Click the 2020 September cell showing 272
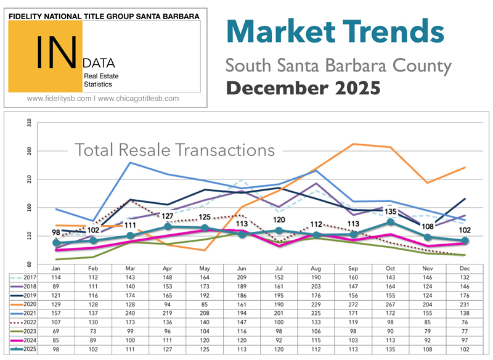point(353,305)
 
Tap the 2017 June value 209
point(242,277)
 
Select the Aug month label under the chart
point(316,269)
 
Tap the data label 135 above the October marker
point(390,212)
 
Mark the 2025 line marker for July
point(279,231)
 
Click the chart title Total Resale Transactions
point(174,150)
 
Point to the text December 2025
point(302,88)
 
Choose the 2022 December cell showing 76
point(465,323)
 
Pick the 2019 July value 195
point(279,296)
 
